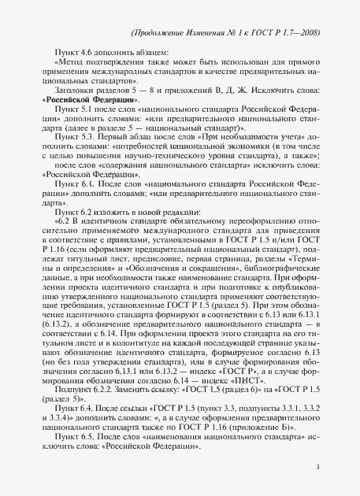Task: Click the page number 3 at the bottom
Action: click(x=316, y=467)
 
